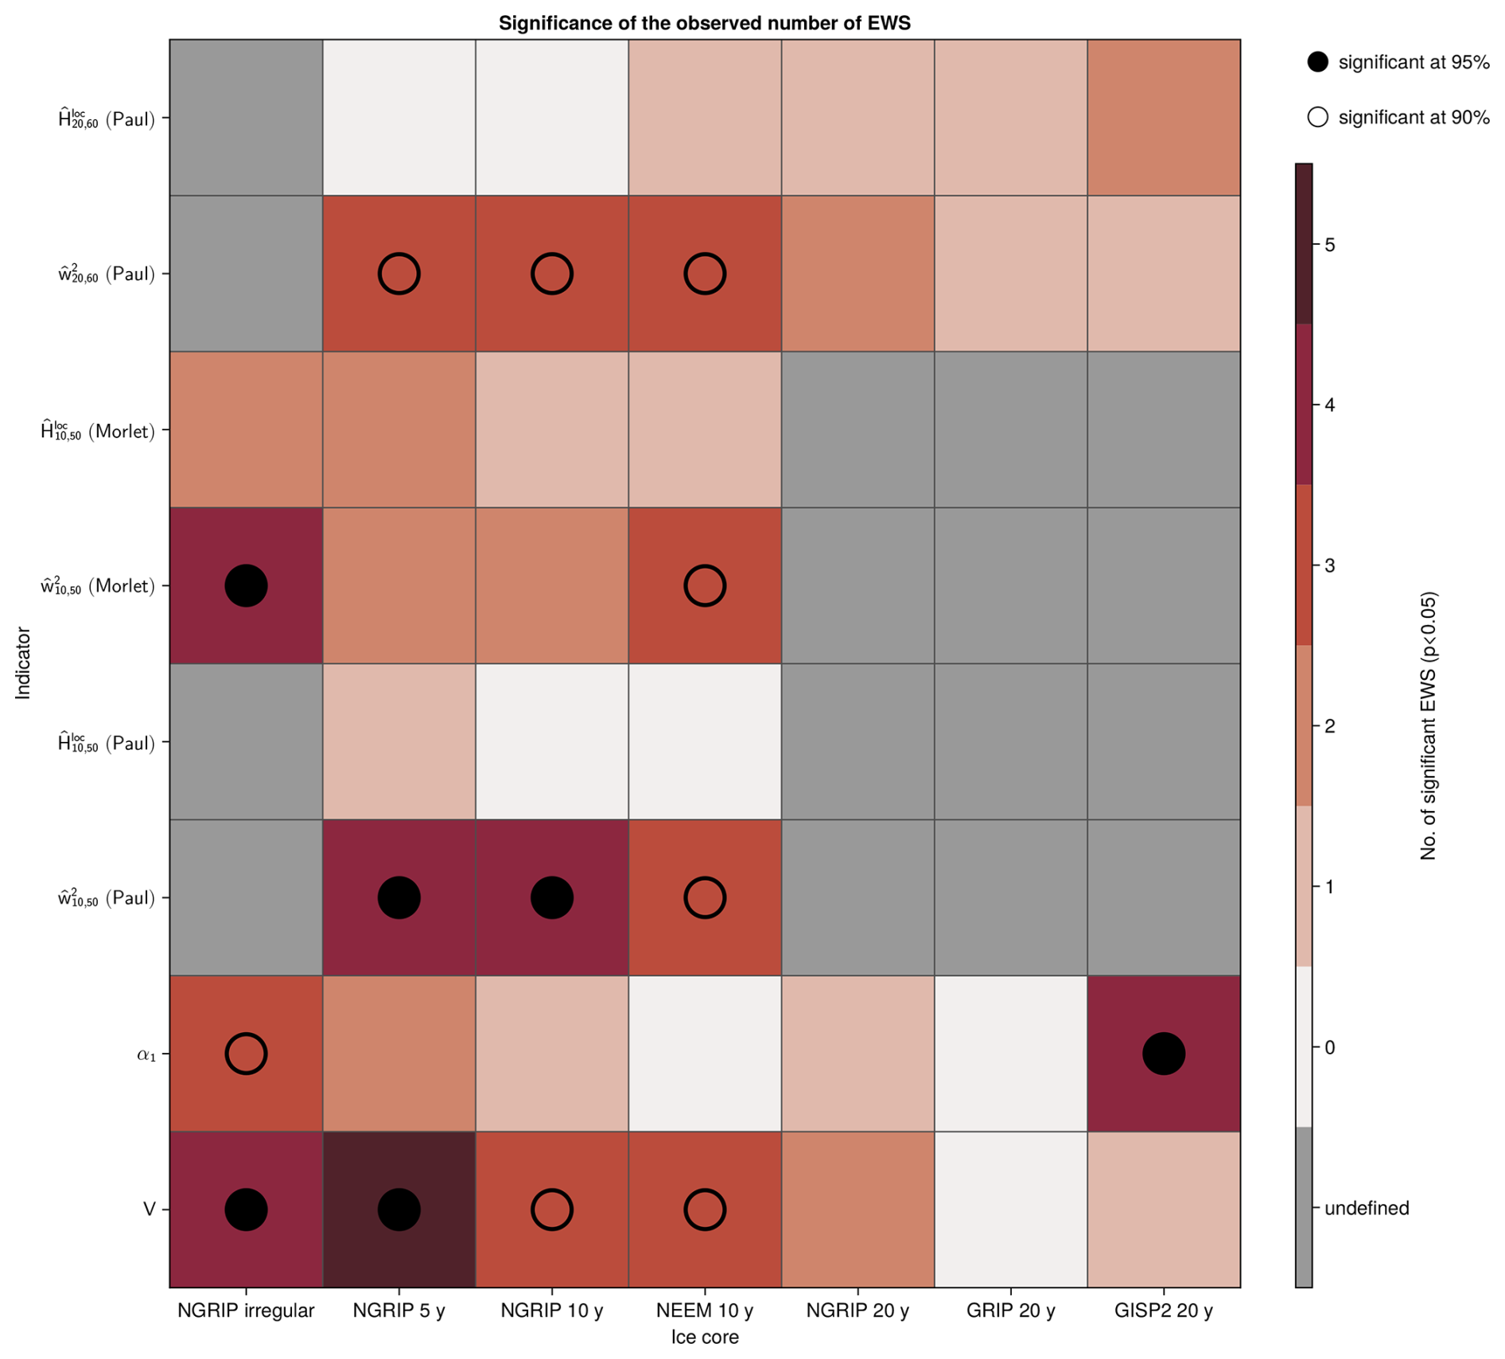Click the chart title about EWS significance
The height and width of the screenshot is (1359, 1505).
point(704,23)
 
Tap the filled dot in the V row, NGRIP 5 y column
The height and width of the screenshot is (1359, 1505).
point(399,1210)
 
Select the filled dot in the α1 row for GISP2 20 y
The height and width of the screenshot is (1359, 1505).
point(1163,1054)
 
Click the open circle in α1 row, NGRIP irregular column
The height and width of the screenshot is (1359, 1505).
point(246,1054)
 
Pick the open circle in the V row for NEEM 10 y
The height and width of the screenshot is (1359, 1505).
point(705,1210)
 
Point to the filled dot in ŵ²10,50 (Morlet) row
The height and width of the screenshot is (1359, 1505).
point(246,586)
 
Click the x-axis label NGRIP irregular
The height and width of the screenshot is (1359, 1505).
point(246,1310)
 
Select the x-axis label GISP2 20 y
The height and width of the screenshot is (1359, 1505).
point(1163,1310)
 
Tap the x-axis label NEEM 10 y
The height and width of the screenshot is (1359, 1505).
point(705,1310)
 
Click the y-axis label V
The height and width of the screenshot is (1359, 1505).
point(149,1210)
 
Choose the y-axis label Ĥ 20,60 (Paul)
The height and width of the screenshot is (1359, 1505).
point(106,119)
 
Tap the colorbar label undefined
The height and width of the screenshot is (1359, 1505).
point(1367,1208)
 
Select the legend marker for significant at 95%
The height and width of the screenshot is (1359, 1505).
point(1317,62)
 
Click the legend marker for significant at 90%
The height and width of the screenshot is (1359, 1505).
point(1317,117)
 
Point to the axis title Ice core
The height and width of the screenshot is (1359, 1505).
point(704,1338)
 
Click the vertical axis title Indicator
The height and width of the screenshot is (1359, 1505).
point(23,663)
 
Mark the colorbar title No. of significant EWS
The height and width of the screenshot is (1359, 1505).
point(1429,725)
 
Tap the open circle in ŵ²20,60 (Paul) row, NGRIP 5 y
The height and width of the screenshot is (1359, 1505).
point(399,274)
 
